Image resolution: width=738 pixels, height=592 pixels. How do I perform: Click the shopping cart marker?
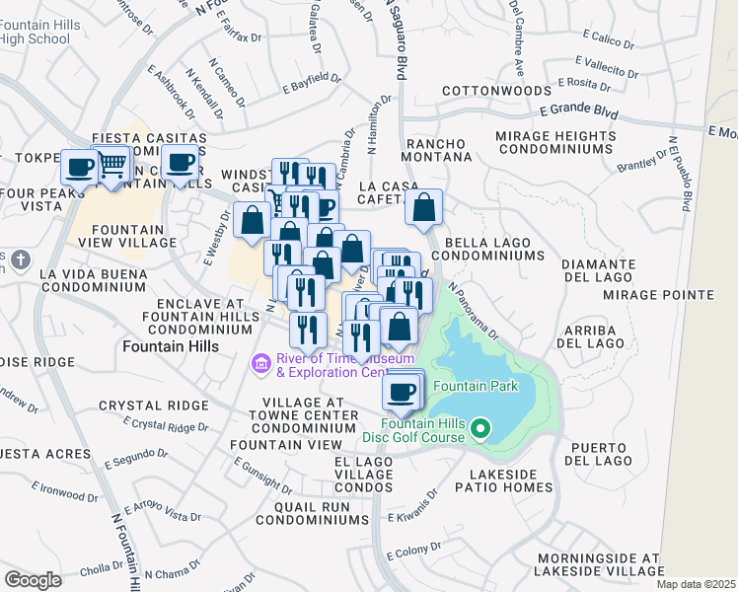(112, 163)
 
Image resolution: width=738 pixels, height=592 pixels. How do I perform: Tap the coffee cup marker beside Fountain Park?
(402, 392)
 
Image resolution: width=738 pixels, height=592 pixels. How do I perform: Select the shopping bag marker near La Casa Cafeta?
(424, 208)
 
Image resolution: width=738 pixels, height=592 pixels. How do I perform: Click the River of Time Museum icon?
(261, 365)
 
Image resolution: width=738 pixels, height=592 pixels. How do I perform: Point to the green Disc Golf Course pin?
(480, 428)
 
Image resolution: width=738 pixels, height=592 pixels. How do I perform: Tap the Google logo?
(33, 579)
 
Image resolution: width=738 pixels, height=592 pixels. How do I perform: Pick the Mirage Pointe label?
(671, 295)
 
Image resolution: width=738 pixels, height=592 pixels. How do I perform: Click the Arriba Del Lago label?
(590, 335)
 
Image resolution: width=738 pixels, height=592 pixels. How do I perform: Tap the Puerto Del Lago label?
(598, 453)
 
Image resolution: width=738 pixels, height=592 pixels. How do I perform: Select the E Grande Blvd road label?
(579, 115)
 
